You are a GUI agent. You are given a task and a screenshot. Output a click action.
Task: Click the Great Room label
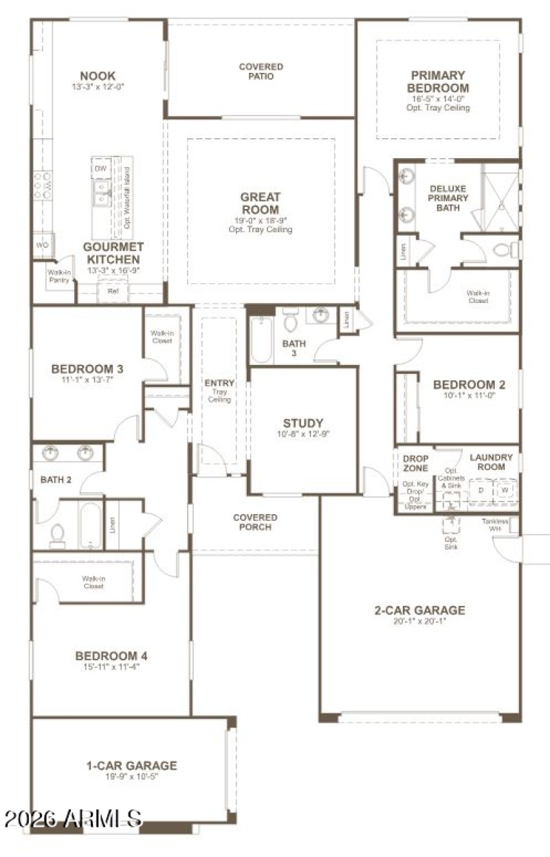click(x=261, y=203)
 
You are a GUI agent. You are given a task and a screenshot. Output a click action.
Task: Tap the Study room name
click(x=303, y=423)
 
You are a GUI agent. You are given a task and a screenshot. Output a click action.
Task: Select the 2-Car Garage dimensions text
click(x=419, y=621)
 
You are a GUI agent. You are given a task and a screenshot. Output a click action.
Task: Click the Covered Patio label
click(x=261, y=71)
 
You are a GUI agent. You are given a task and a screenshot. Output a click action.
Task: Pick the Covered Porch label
click(x=255, y=522)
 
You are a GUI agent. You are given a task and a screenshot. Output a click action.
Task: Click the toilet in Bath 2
click(x=58, y=535)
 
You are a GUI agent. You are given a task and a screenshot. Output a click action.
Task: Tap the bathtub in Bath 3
click(x=262, y=341)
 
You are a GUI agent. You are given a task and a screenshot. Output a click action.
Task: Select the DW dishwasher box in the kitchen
click(x=100, y=168)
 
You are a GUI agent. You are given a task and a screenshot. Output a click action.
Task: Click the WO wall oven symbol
click(x=41, y=245)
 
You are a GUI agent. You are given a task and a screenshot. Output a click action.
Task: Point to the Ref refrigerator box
click(x=113, y=291)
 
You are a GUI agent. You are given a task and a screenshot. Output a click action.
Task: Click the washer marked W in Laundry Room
click(x=505, y=491)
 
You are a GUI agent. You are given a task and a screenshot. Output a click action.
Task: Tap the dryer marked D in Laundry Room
click(x=481, y=491)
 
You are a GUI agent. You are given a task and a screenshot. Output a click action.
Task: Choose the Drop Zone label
click(x=415, y=463)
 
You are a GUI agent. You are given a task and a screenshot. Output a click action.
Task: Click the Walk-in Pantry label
click(x=58, y=276)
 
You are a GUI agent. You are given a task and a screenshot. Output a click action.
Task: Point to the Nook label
click(x=98, y=76)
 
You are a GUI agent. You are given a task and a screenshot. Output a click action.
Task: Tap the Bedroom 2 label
click(x=464, y=385)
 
